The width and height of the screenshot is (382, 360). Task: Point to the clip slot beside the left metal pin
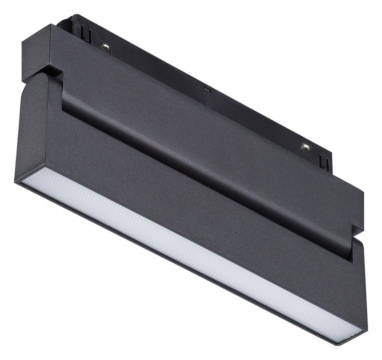86,35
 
